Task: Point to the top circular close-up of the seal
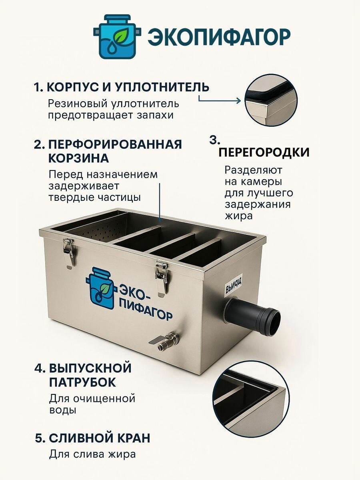click(x=271, y=100)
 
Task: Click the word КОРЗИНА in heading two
click(x=79, y=158)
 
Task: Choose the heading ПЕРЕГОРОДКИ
click(x=264, y=152)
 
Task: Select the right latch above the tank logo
click(x=161, y=277)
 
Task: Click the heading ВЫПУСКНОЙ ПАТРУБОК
click(x=90, y=375)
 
